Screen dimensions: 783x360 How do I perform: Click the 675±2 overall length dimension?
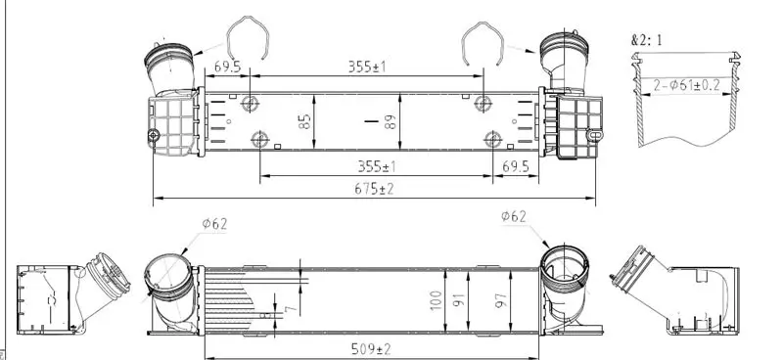click(x=374, y=189)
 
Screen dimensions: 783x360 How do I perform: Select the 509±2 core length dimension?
click(x=371, y=349)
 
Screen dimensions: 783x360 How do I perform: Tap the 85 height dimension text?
click(x=304, y=121)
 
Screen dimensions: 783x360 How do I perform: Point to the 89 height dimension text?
click(x=391, y=122)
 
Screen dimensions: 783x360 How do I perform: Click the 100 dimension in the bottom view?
click(x=436, y=300)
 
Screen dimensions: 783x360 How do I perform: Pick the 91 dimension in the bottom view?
click(x=459, y=300)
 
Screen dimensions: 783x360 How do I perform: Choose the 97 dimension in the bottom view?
click(x=501, y=300)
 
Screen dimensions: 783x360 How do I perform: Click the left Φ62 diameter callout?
click(x=214, y=224)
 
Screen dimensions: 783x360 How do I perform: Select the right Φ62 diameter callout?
click(x=514, y=216)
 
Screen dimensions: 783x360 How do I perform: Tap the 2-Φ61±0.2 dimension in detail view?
click(x=687, y=85)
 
